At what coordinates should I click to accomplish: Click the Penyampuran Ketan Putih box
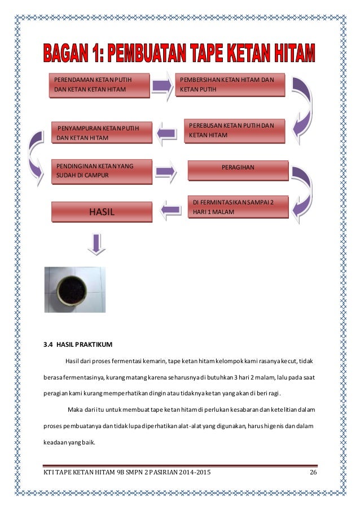coord(102,133)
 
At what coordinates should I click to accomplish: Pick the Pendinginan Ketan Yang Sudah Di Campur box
coord(101,171)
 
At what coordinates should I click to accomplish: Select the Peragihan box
coord(238,168)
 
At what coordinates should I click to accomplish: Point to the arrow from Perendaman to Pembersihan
coord(162,85)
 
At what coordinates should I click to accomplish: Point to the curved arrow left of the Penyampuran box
coord(36,152)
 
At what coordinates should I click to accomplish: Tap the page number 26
coord(313,472)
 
